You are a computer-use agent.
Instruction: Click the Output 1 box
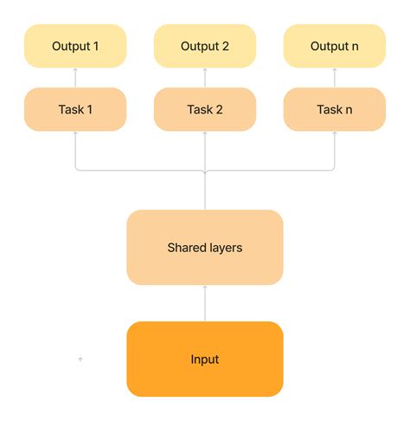tap(75, 47)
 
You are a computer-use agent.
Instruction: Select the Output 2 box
tap(205, 47)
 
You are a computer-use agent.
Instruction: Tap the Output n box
tap(335, 47)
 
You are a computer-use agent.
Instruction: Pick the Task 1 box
tap(75, 109)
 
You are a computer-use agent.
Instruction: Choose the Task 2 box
tap(205, 109)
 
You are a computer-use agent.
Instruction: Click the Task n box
tap(335, 109)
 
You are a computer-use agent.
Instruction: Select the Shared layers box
tap(205, 248)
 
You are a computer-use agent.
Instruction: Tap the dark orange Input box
tap(205, 359)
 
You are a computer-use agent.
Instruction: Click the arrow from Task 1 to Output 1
tap(75, 78)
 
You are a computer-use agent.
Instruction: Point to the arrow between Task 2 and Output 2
tap(205, 78)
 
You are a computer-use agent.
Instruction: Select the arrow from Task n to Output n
tap(335, 78)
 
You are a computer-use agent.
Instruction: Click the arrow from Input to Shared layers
tap(205, 303)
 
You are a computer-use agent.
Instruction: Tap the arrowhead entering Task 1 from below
tap(75, 134)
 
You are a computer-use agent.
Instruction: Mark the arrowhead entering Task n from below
tap(335, 134)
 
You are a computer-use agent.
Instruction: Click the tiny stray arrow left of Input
tap(80, 359)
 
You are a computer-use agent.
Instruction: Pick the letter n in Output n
tap(355, 47)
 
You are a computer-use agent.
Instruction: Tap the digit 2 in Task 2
tap(220, 109)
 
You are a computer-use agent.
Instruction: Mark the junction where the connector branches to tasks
tap(205, 172)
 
